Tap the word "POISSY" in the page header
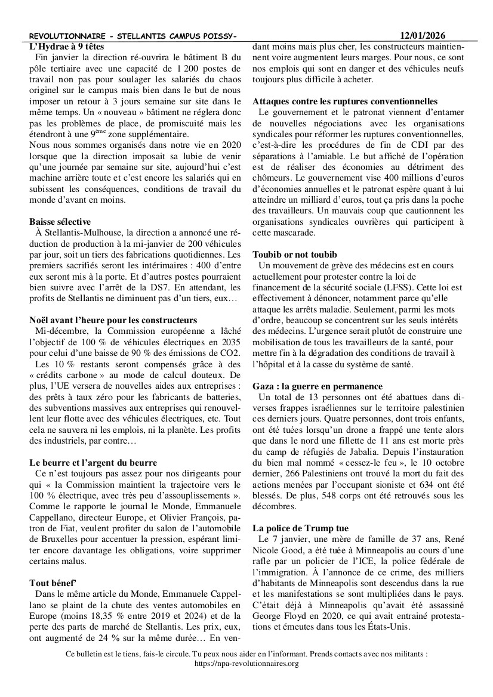(x=215, y=37)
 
